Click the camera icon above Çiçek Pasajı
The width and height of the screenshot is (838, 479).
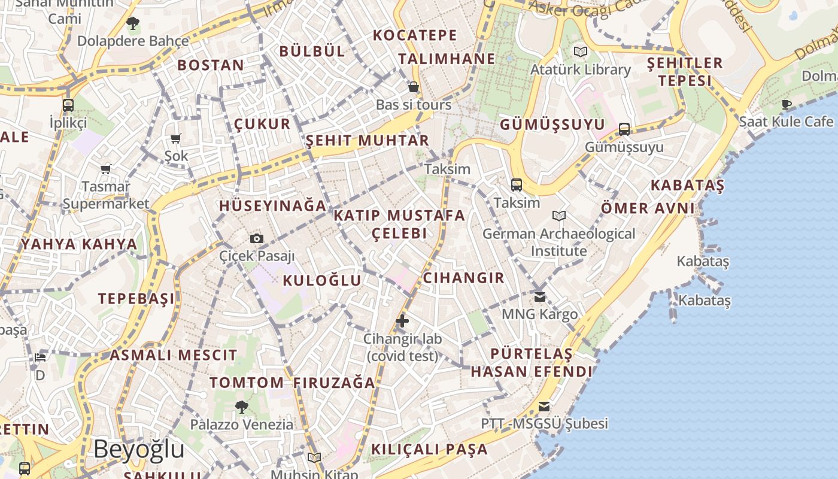257,239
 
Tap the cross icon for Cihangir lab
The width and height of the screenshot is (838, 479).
402,321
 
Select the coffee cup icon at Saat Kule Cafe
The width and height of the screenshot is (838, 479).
787,105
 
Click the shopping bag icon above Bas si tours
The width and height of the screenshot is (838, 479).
413,87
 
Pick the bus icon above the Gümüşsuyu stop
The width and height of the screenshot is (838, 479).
624,129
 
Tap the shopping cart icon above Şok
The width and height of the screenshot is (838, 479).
176,139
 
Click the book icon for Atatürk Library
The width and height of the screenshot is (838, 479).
580,52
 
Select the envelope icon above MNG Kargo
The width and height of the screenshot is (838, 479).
540,296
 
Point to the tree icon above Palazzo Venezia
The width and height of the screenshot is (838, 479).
242,407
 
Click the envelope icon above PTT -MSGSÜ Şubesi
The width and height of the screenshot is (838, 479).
544,407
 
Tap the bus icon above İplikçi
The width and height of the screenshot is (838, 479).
68,105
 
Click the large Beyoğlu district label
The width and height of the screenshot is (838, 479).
139,449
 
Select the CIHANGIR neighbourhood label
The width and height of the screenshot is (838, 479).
464,278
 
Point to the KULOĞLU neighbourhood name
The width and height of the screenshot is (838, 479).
322,280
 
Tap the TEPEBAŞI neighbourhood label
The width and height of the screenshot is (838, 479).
136,298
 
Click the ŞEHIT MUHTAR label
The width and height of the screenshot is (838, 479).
368,141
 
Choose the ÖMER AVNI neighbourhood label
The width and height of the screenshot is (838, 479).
648,208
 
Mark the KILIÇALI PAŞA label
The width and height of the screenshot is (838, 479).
429,449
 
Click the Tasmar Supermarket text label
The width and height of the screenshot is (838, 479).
106,195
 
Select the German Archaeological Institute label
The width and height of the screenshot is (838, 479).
559,242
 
